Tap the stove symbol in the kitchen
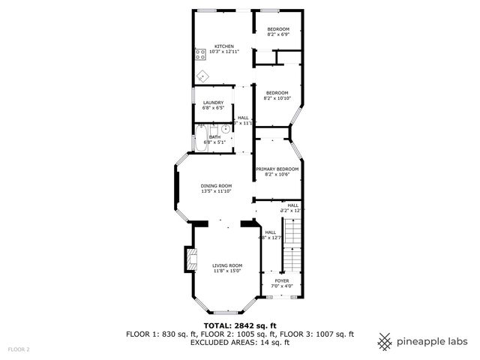(x=200, y=53)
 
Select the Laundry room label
(x=213, y=103)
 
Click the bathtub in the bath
(x=201, y=138)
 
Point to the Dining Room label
(x=216, y=186)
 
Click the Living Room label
(x=226, y=265)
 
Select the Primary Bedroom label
(x=277, y=169)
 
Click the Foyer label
(x=281, y=280)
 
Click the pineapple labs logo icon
(x=385, y=341)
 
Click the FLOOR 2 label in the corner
(x=19, y=349)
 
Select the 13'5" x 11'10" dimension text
(x=216, y=192)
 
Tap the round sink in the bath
(x=225, y=129)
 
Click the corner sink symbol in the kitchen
(x=202, y=75)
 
